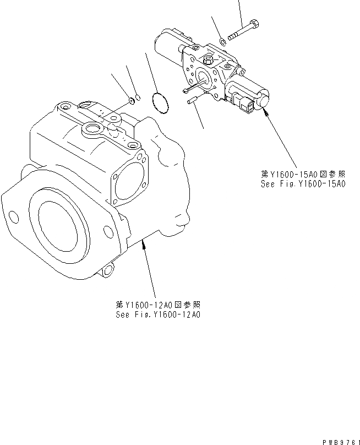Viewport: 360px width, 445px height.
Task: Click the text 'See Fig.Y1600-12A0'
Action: click(x=158, y=315)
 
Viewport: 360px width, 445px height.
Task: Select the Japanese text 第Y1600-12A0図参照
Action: click(x=158, y=306)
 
